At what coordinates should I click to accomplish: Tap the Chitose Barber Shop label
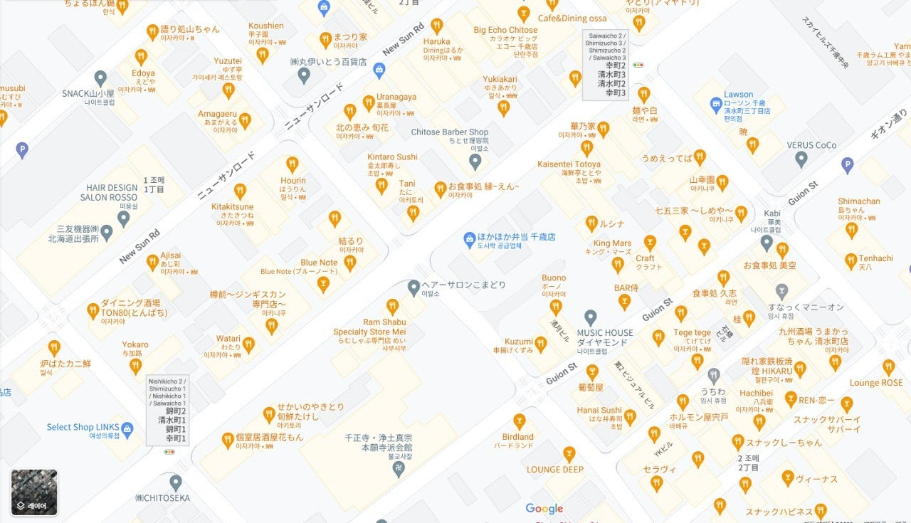tap(450, 132)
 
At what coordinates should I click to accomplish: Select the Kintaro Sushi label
tap(392, 157)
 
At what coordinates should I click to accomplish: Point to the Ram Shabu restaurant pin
tap(392, 307)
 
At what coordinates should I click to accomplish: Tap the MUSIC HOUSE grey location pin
tap(590, 317)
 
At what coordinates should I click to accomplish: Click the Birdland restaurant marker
tap(520, 421)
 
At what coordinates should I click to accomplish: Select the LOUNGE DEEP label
tap(554, 470)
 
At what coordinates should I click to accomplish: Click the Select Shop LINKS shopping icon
tap(127, 428)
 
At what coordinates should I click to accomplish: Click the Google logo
tap(544, 508)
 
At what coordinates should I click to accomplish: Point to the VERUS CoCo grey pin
tap(801, 159)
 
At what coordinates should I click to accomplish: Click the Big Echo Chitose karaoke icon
tap(524, 14)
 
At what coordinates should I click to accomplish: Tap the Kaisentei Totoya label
tap(569, 164)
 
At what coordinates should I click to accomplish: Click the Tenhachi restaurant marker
tap(851, 261)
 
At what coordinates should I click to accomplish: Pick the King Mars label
tap(612, 243)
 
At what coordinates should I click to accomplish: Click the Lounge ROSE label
tap(875, 383)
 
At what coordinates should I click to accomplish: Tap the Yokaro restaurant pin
tap(135, 366)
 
